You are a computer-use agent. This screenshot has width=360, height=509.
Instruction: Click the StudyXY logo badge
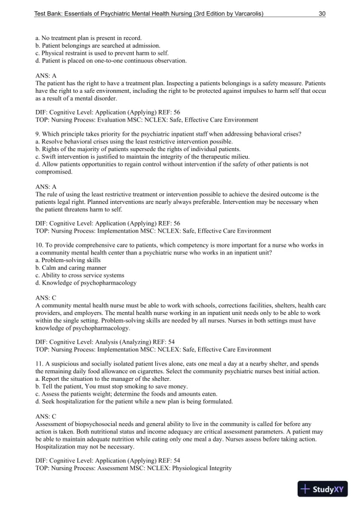[323, 489]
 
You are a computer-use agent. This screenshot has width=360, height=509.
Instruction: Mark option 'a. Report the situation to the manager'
[94, 379]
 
